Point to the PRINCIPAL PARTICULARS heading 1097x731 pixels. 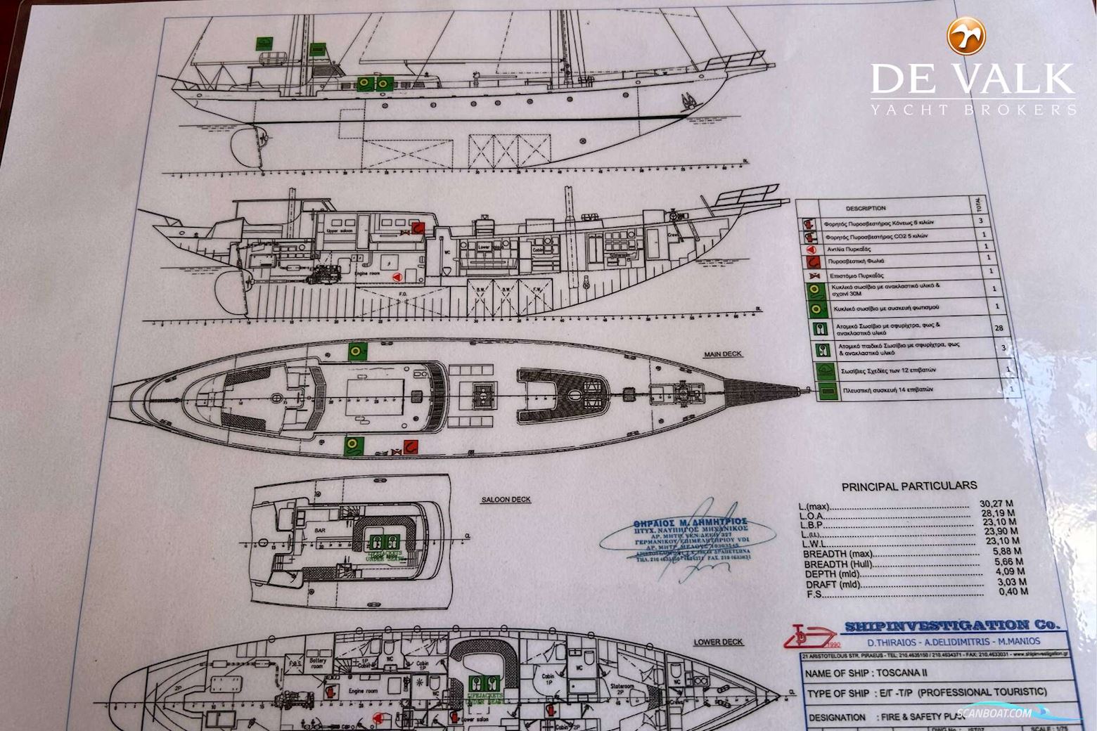point(909,485)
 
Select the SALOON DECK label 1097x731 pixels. point(506,500)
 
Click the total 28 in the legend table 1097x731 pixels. point(999,328)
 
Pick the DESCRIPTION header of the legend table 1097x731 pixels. point(865,208)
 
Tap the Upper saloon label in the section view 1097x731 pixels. point(340,231)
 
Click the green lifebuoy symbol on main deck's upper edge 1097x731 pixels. point(357,350)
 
